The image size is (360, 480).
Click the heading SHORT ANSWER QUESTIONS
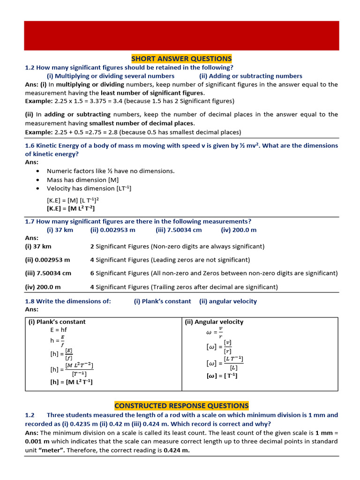181,59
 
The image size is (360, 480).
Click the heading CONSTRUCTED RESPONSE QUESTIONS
181,405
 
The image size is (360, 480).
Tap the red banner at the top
181,35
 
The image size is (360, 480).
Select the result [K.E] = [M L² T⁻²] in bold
74,209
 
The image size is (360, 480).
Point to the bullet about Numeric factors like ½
111,171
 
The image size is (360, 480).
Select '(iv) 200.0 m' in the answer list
43,287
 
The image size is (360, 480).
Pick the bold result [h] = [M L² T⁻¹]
71,382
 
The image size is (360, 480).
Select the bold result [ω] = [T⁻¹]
222,376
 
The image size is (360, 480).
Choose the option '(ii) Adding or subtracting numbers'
251,76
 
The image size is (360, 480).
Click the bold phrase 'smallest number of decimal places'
140,123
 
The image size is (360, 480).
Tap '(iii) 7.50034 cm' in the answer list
48,273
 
